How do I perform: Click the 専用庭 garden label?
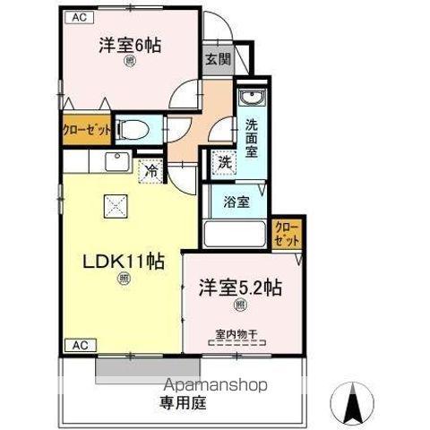(x=183, y=402)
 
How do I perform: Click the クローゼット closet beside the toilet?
(x=88, y=129)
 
